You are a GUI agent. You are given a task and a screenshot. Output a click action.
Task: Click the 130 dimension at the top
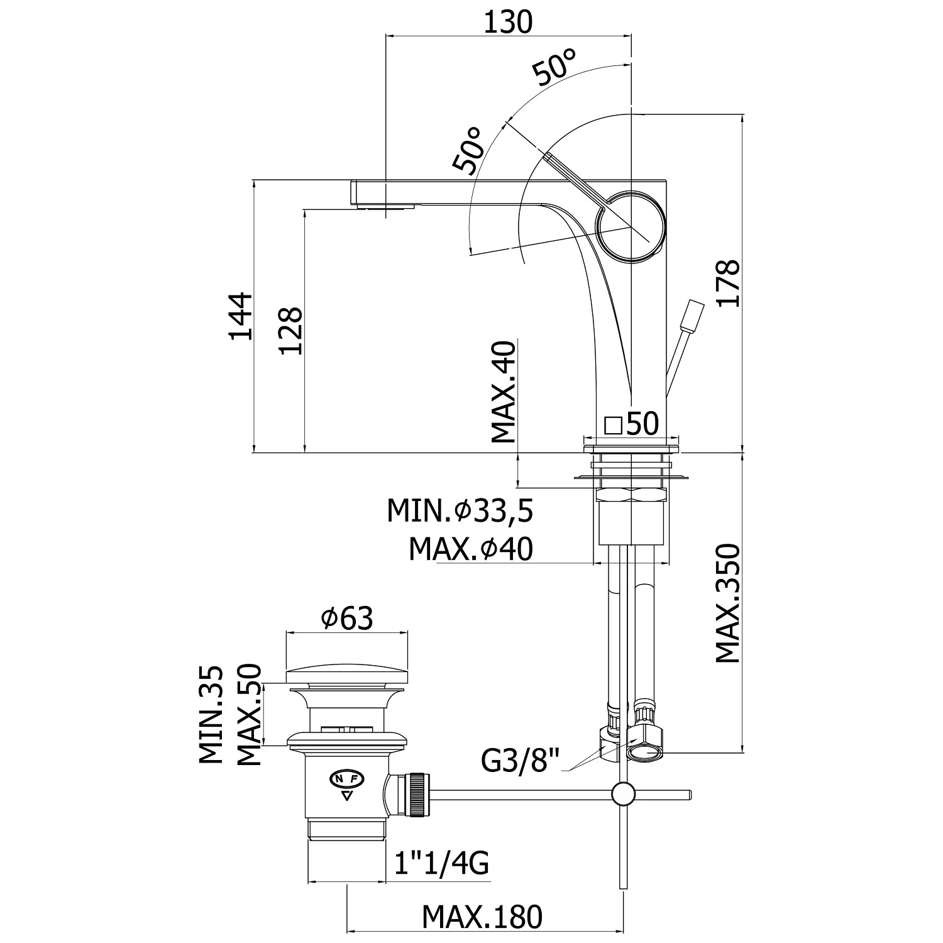point(508,23)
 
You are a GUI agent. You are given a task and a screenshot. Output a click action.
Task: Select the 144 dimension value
point(240,316)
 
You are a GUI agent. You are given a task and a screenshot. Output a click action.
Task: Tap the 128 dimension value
point(290,331)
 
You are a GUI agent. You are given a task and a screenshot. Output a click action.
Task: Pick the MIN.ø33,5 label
point(460,511)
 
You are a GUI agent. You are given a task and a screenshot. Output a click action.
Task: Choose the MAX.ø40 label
point(470,549)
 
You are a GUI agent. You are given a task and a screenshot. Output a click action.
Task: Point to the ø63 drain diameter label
point(347,619)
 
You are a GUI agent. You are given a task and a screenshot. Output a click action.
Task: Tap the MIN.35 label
point(212,715)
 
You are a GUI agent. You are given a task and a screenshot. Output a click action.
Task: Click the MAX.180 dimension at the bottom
point(482,917)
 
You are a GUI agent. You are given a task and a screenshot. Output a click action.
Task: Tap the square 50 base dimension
point(631,424)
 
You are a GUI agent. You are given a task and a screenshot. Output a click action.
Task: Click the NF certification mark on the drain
point(346,779)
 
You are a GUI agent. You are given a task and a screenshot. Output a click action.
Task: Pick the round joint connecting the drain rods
point(624,794)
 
